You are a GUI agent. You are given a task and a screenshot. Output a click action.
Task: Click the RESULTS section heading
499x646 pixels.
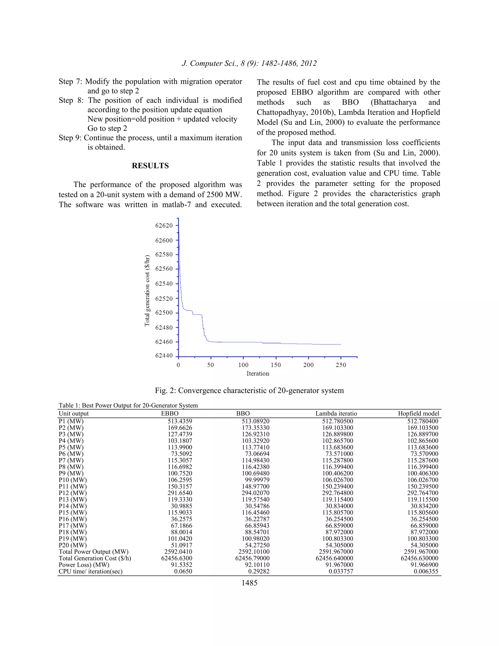[150, 166]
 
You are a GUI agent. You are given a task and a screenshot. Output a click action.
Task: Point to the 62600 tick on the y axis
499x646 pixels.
[164, 240]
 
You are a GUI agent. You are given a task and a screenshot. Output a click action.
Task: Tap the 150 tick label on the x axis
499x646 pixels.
[276, 365]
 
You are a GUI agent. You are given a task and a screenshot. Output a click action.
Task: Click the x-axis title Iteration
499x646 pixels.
[258, 373]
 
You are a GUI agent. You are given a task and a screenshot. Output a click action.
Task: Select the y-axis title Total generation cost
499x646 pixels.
[147, 291]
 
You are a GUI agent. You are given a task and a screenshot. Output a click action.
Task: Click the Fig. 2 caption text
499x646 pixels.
[249, 391]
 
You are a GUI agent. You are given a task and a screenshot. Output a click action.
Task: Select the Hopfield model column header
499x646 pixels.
[418, 413]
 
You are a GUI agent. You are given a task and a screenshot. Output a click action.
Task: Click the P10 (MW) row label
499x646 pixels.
[73, 480]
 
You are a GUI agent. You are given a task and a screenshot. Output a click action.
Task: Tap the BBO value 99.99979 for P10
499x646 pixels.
[257, 480]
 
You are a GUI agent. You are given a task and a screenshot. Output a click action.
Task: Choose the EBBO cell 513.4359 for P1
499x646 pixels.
[180, 421]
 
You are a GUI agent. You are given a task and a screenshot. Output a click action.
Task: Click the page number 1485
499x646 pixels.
[249, 583]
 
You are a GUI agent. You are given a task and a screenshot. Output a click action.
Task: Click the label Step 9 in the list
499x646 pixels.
[70, 138]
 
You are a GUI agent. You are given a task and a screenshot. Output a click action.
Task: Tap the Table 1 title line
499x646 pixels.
[128, 406]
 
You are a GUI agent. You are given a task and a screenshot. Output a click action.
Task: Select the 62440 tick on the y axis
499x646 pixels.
[164, 355]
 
